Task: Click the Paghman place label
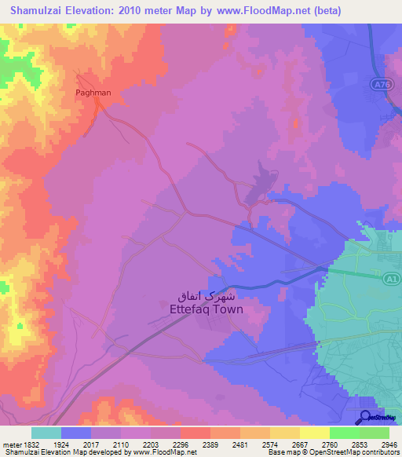[x=93, y=93]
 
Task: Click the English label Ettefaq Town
[x=206, y=309]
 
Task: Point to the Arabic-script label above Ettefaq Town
[x=207, y=297]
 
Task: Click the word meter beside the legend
[x=9, y=444]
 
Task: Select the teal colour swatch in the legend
[x=46, y=433]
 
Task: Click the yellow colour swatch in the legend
[x=314, y=433]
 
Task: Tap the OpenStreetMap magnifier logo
[x=366, y=418]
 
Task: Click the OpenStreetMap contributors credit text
[x=357, y=453]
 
